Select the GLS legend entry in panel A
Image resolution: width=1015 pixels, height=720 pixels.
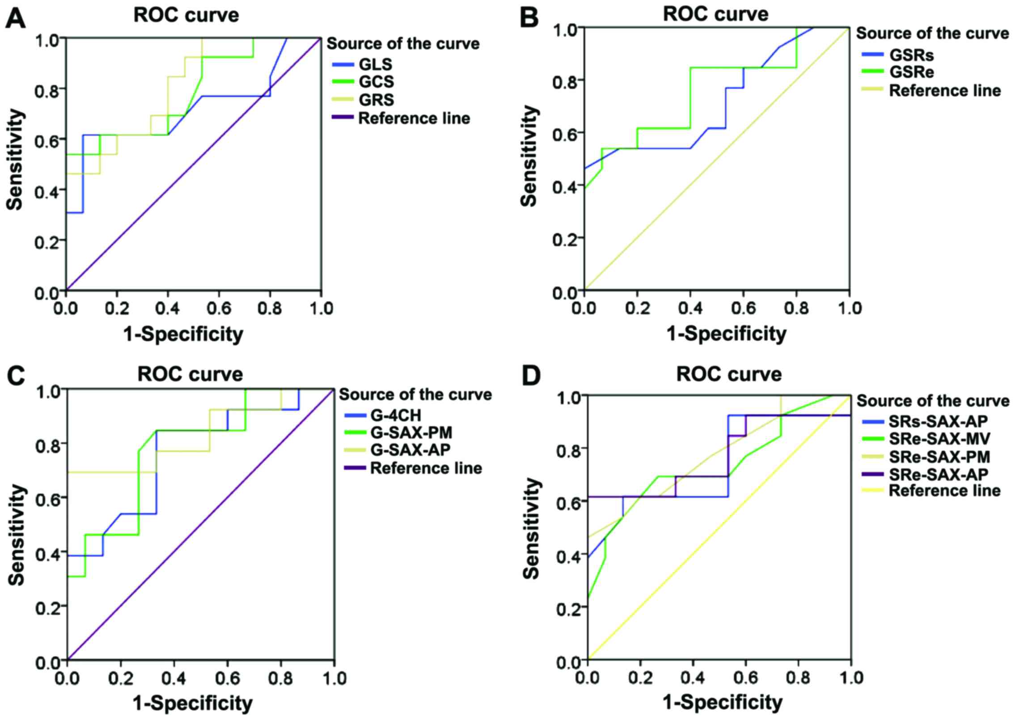pos(375,64)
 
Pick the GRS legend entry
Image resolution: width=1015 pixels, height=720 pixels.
pos(376,100)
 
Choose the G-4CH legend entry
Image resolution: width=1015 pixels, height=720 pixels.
pos(395,415)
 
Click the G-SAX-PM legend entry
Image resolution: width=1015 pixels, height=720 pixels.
pos(411,433)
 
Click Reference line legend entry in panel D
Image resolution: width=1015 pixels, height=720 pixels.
pos(944,491)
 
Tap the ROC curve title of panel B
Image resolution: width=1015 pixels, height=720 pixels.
pos(715,14)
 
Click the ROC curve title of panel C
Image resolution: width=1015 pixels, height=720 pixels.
pos(190,374)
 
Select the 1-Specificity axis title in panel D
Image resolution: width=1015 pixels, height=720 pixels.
pos(723,702)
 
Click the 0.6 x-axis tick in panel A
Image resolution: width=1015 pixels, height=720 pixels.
pos(219,308)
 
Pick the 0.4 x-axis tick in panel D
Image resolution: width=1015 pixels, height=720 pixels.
pos(693,678)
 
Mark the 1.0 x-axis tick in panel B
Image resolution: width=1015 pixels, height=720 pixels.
pos(849,308)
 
